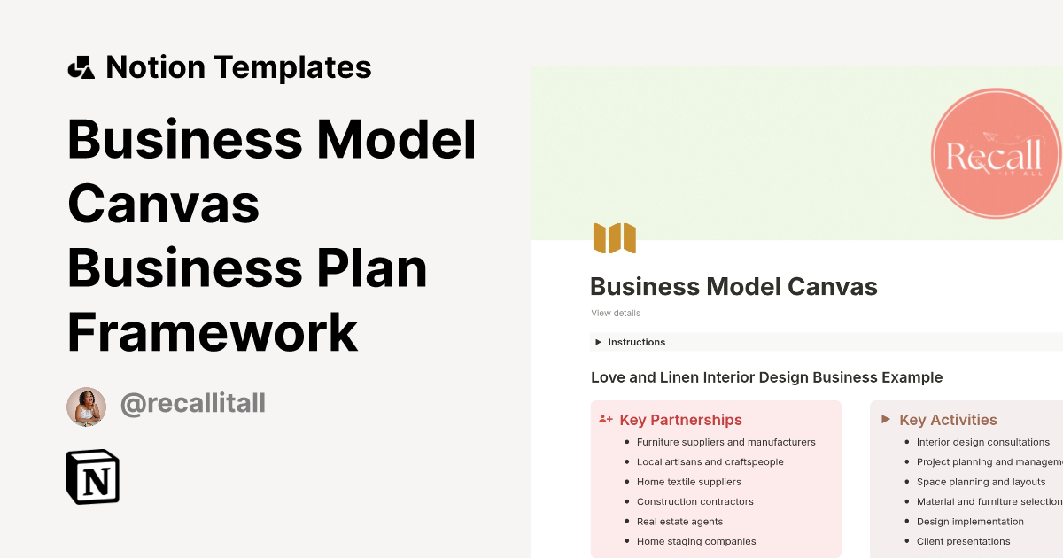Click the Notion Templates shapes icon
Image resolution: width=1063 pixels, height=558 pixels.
(x=81, y=68)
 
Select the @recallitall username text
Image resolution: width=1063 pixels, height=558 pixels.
(x=192, y=404)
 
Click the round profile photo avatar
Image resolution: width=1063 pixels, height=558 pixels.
(x=86, y=407)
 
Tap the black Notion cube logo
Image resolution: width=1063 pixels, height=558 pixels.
(x=93, y=477)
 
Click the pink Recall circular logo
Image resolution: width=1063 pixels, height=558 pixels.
(x=996, y=154)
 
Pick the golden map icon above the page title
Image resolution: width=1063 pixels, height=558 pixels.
(x=615, y=238)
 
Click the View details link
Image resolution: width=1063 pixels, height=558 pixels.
(x=616, y=313)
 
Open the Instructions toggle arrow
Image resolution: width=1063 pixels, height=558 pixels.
(x=599, y=342)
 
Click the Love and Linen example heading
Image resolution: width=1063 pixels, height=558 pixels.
(x=766, y=377)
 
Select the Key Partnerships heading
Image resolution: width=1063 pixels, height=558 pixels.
(x=680, y=420)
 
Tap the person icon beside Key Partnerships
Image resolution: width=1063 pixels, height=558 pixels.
(x=606, y=420)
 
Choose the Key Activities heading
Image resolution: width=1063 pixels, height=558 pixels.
(x=948, y=420)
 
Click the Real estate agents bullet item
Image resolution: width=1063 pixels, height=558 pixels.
(x=679, y=522)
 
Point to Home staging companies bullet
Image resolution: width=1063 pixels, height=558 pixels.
(x=696, y=541)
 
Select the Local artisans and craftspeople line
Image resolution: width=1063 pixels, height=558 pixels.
(x=710, y=461)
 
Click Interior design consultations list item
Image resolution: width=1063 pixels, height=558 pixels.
(x=982, y=442)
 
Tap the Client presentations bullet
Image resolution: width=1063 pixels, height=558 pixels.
(x=963, y=541)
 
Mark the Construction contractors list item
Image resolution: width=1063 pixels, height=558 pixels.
(x=694, y=501)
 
